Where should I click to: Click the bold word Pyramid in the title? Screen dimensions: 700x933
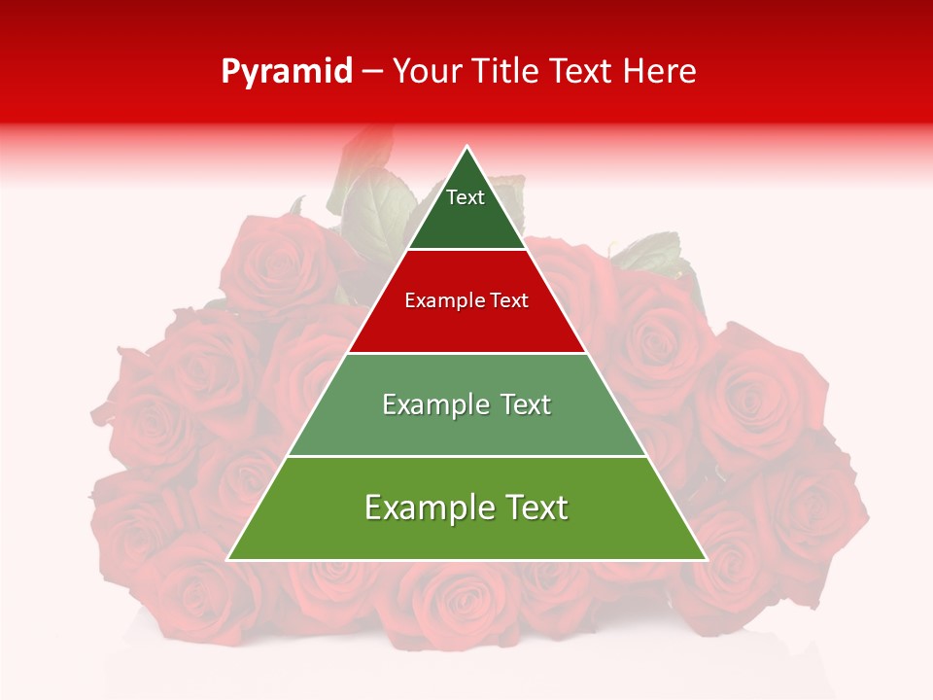[x=287, y=72]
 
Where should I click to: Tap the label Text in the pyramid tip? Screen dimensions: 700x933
[x=465, y=197]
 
